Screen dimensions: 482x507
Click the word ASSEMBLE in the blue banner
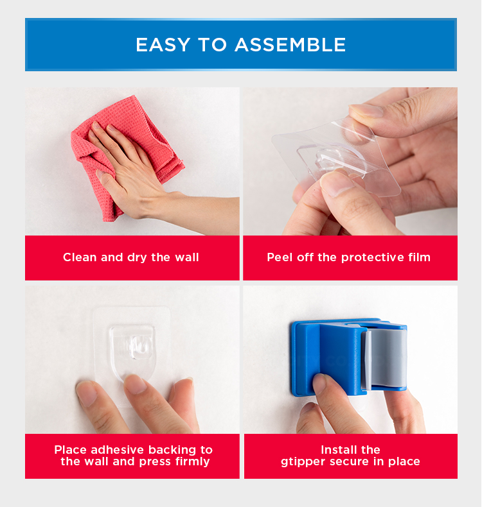coord(290,45)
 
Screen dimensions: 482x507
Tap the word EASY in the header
coord(163,45)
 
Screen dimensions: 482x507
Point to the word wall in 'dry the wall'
coord(187,257)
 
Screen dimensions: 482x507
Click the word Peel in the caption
coord(280,257)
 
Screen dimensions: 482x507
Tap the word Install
coord(338,450)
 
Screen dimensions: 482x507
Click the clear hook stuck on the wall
coord(132,351)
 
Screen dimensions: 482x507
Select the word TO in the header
coord(212,45)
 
